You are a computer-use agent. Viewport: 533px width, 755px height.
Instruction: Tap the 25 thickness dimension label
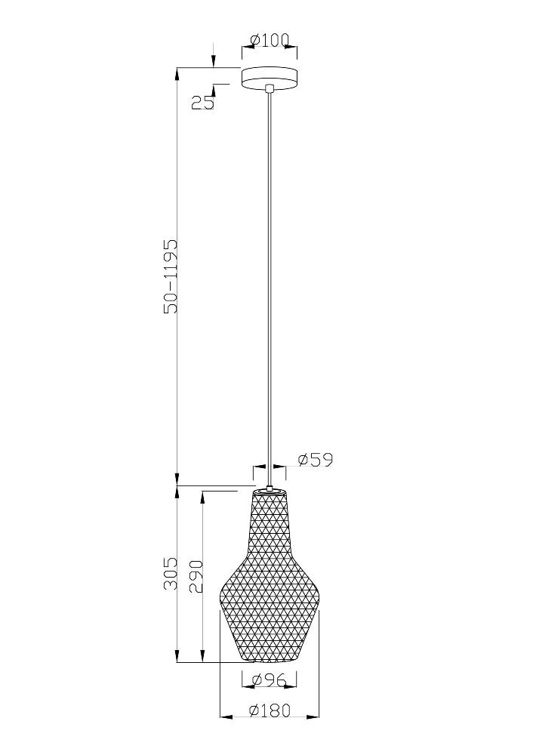pos(202,103)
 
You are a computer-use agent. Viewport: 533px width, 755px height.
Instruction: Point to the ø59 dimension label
pos(316,460)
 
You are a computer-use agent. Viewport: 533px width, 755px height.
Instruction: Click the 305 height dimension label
pos(171,574)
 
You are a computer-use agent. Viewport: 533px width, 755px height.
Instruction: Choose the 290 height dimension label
pos(196,576)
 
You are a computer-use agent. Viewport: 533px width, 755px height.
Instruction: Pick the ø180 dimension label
pos(270,710)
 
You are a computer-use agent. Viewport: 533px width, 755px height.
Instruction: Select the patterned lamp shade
pos(270,575)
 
